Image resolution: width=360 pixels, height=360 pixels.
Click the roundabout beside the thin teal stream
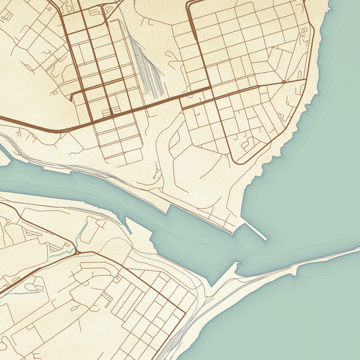pos(77,252)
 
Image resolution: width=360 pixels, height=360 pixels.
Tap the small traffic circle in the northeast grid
pos(284,82)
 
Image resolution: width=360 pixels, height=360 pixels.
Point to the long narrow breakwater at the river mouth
pos(255,231)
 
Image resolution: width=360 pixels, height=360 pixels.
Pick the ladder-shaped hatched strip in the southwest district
pos(107,297)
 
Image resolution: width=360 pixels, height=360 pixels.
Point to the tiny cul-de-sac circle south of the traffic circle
pos(287,104)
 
